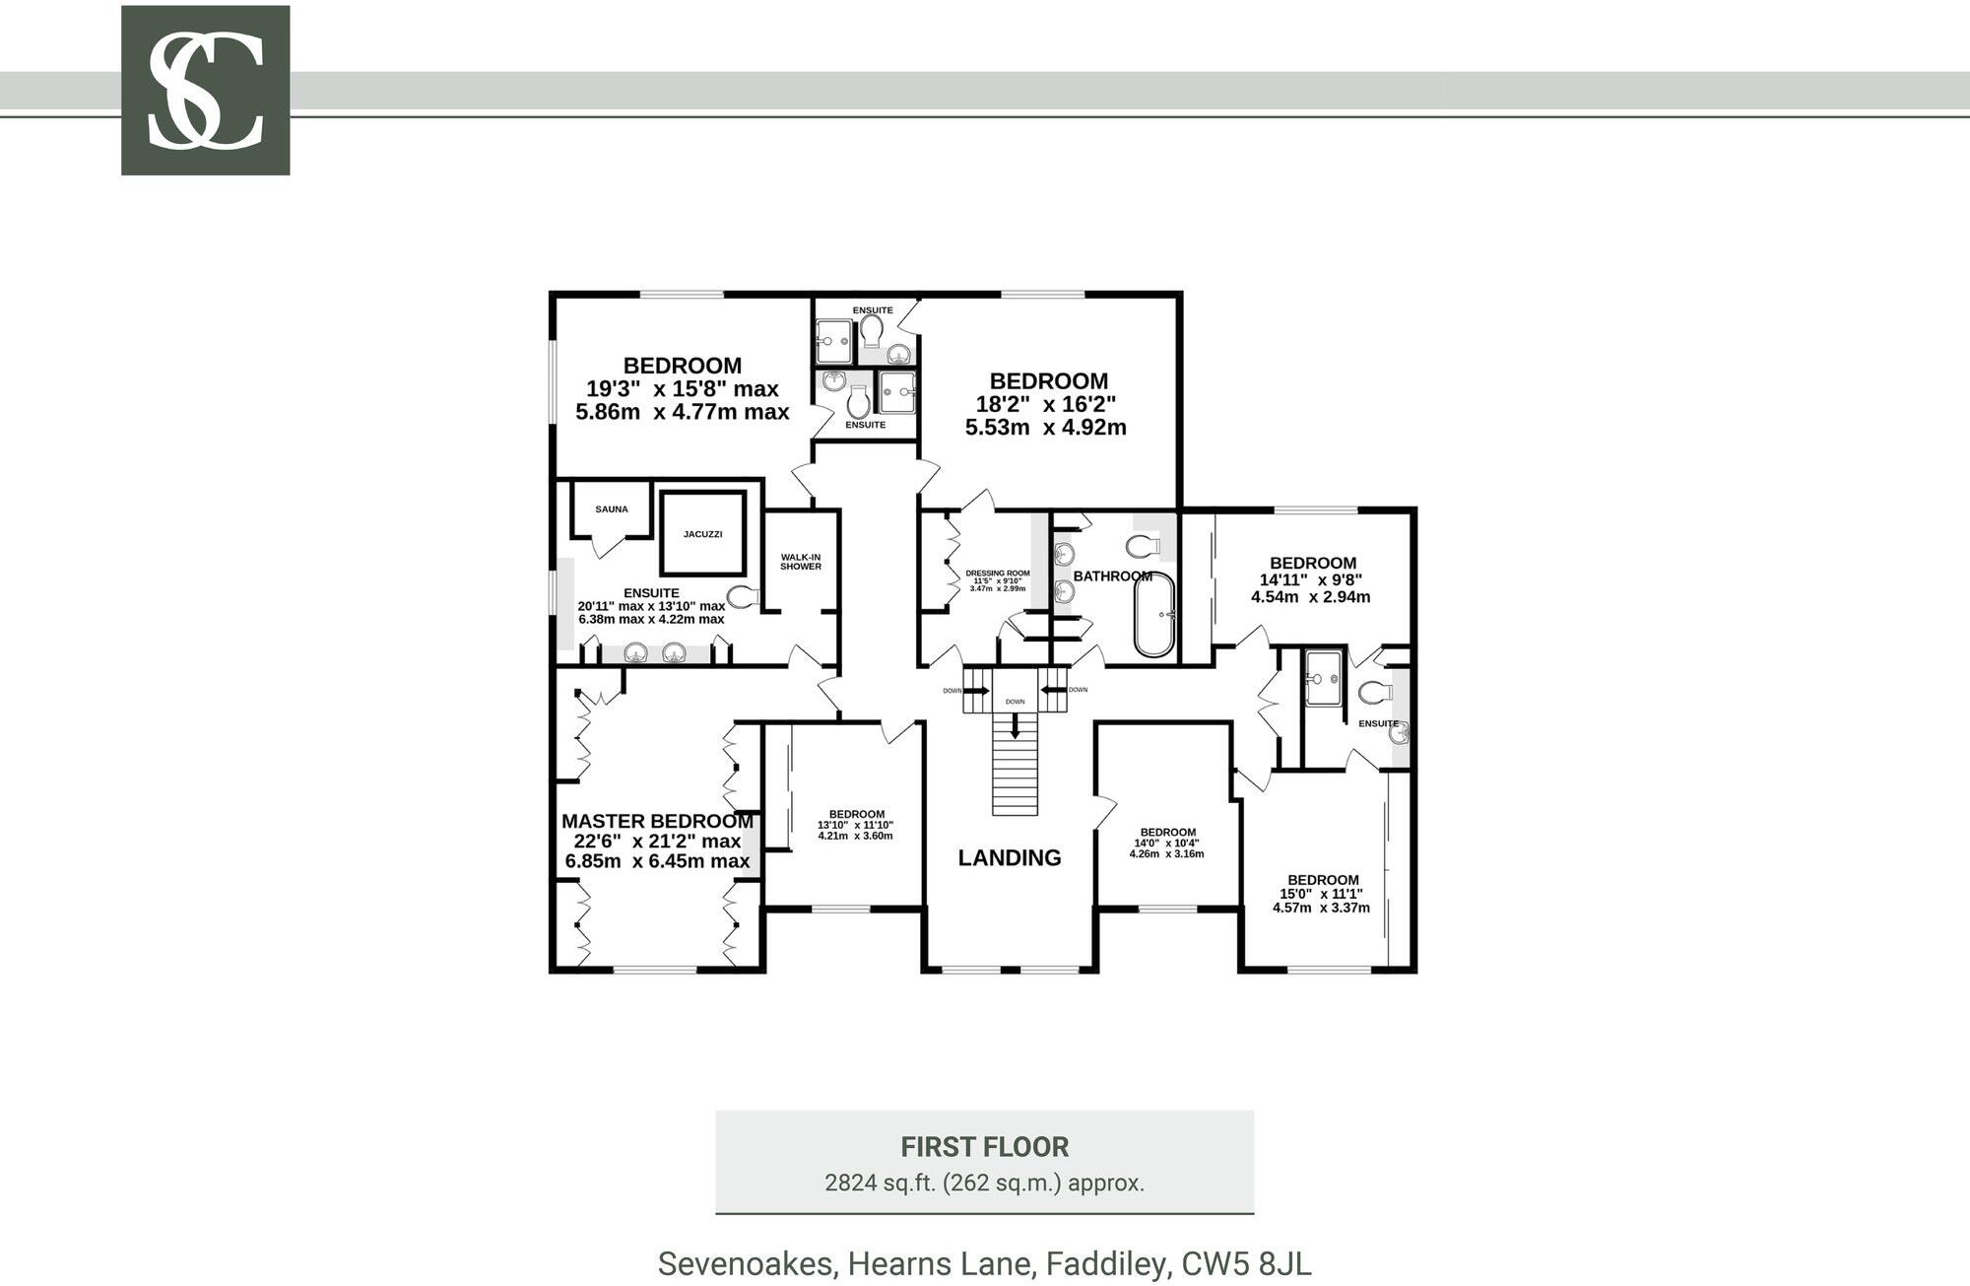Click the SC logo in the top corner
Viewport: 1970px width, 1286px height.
coord(205,91)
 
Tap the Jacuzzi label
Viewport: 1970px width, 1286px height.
coord(703,534)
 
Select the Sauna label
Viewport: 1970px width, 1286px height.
coord(612,509)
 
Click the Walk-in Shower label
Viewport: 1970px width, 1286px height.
coord(801,562)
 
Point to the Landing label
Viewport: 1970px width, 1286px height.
coord(1010,857)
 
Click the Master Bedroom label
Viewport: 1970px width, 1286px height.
coord(657,821)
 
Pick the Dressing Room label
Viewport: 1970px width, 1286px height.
coord(998,574)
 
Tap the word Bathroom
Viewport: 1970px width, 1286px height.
coord(1112,576)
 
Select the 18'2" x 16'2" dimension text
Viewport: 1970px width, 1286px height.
coord(1045,404)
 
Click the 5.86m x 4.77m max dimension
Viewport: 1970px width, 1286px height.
coord(683,412)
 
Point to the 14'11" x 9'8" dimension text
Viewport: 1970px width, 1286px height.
coord(1311,580)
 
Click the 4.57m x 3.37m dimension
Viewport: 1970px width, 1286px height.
coord(1321,908)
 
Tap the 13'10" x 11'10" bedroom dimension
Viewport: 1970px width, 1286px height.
coord(855,825)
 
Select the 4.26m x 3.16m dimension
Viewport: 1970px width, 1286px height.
coord(1166,853)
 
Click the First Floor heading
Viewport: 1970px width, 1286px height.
coord(985,1147)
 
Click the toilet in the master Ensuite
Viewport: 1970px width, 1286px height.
coord(745,596)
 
